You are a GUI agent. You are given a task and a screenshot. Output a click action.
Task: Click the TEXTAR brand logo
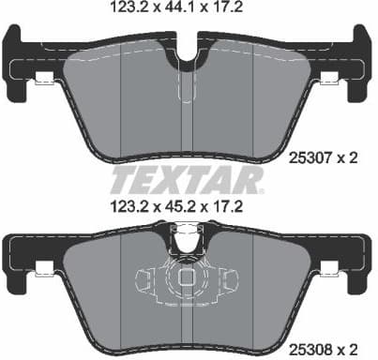tap(187, 178)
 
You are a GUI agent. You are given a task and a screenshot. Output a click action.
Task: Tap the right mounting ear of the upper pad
tap(360, 52)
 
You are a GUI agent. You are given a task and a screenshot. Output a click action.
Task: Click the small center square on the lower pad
tap(188, 278)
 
